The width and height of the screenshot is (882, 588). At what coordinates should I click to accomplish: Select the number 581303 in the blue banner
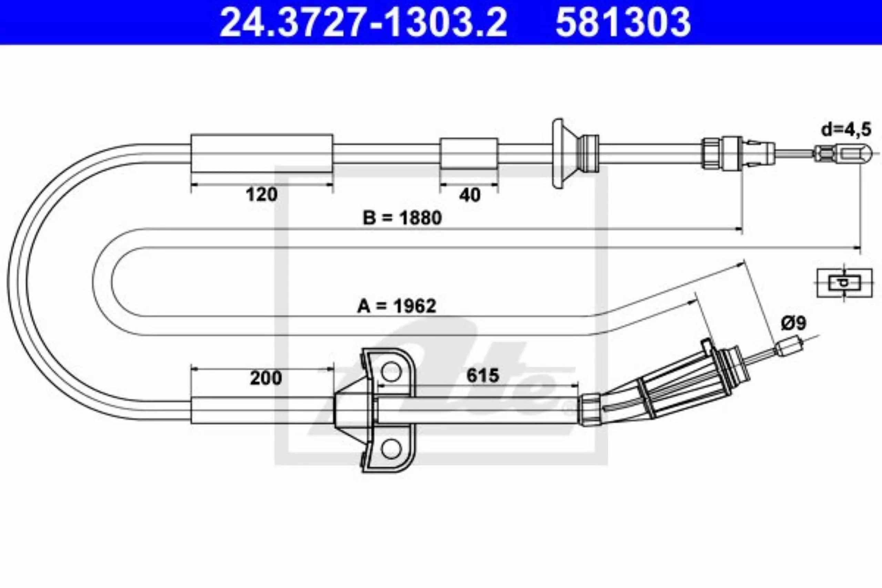623,23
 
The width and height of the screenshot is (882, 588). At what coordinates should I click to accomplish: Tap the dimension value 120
261,195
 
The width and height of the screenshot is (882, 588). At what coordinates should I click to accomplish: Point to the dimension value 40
469,195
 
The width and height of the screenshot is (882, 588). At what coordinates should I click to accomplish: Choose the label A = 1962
396,306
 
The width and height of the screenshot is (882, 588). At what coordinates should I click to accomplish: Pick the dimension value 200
266,378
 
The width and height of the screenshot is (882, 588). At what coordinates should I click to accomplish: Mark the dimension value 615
483,375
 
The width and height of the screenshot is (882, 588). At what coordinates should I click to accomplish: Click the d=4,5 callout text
846,130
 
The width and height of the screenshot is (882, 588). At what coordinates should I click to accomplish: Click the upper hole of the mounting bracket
390,371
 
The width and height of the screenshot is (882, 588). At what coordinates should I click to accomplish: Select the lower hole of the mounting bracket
390,449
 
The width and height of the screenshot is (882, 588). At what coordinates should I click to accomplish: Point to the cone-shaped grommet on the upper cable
573,154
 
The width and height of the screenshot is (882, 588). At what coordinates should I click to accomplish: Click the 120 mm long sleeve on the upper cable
262,154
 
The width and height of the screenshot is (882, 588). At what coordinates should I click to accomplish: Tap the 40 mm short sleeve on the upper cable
469,154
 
